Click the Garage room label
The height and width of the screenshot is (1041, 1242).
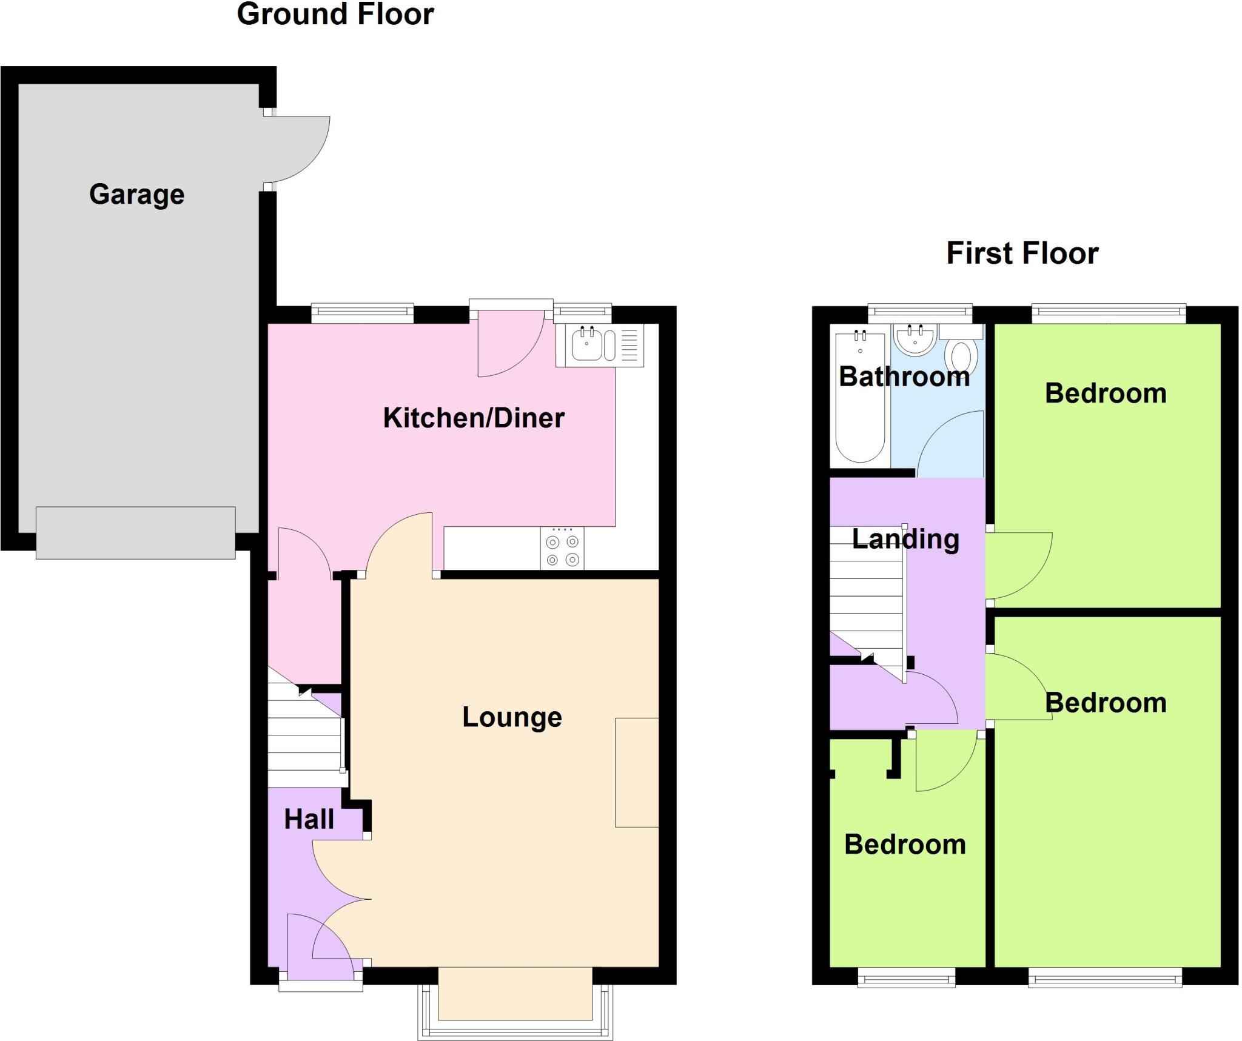pos(136,195)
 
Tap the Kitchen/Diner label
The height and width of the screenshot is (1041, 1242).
pos(474,418)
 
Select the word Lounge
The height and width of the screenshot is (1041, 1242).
pos(512,717)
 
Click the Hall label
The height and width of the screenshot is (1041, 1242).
pos(309,819)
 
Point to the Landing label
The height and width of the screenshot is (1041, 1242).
pos(905,539)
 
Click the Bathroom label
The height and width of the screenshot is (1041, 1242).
pos(904,377)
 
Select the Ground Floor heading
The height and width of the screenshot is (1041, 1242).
pos(335,14)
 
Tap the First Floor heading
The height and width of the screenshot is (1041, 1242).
pos(1022,253)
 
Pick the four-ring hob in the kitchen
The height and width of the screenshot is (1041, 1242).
pos(562,549)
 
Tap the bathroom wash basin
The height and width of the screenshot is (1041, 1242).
pos(915,340)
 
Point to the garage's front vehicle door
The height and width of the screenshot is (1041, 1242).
pos(135,533)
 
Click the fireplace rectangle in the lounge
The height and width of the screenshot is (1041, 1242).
pos(637,772)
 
